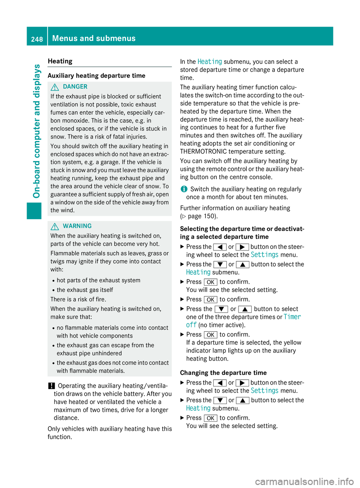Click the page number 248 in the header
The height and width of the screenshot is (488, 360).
pos(37,39)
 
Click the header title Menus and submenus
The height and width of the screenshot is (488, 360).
pos(94,38)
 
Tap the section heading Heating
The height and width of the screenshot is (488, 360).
pos(60,61)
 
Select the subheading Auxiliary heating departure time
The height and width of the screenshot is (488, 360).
pos(96,76)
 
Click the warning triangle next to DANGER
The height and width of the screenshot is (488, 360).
pos(55,87)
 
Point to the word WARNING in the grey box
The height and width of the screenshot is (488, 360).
pos(77,226)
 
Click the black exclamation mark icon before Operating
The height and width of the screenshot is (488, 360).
pos(51,386)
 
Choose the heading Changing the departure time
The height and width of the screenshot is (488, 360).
pos(223,373)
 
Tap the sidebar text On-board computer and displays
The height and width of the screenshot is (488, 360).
pos(37,131)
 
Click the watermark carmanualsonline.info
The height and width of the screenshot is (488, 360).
pos(304,481)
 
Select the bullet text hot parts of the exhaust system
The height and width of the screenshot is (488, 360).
pos(99,280)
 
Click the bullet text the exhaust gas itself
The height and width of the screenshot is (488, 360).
pos(85,290)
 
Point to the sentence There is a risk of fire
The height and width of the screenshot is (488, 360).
pos(78,299)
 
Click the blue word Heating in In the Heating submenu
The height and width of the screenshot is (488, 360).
pos(210,61)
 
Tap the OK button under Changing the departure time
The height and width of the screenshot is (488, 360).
pos(210,418)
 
